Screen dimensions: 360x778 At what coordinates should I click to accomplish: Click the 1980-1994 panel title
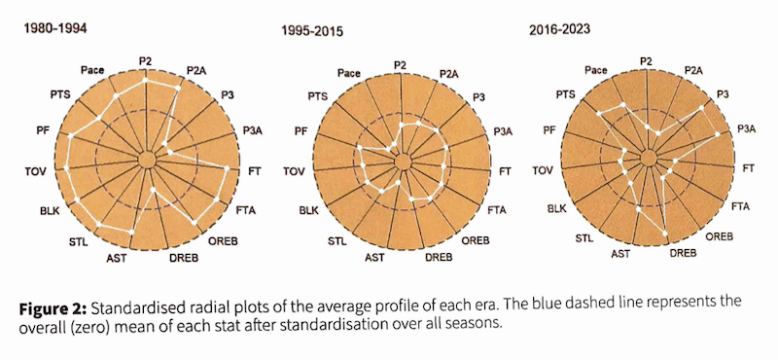tap(55, 30)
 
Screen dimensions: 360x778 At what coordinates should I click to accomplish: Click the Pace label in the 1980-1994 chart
tap(93, 70)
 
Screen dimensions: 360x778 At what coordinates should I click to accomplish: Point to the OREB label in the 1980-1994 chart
tap(223, 239)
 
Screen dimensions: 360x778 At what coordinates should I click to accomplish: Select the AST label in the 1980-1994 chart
tap(116, 258)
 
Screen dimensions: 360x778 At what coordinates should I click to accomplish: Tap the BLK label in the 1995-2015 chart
tap(308, 209)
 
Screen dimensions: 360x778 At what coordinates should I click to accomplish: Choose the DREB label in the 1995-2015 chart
tap(438, 257)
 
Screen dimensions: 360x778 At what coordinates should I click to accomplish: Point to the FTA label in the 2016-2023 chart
tap(740, 205)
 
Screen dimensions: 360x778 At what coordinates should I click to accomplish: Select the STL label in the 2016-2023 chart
tap(584, 237)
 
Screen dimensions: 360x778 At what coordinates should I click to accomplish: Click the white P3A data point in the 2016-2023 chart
tap(718, 134)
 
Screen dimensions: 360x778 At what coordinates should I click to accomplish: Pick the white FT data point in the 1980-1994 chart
tap(227, 170)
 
